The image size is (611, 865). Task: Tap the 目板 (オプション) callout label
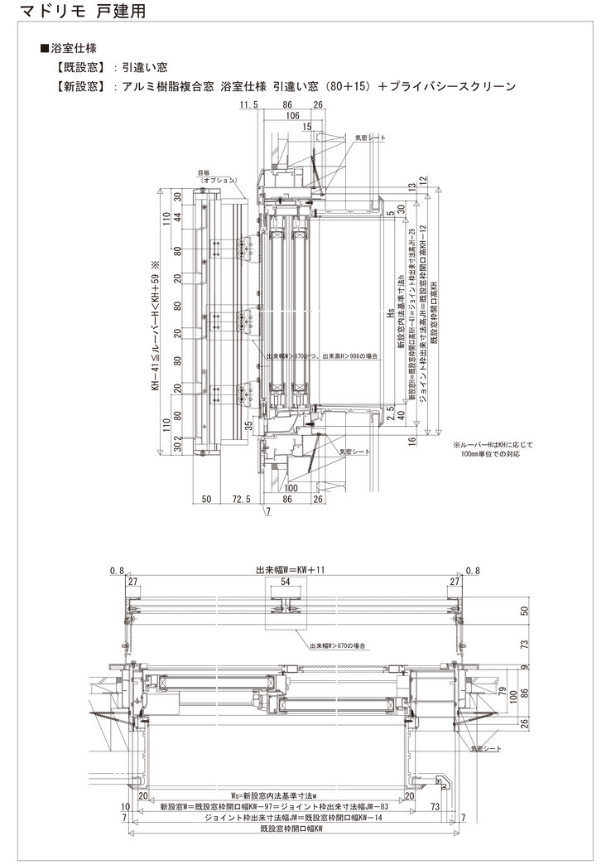coord(217,176)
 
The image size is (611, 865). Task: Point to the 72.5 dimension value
coord(242,500)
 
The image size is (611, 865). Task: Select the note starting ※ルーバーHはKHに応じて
coord(493,449)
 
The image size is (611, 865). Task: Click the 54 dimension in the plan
coord(286,582)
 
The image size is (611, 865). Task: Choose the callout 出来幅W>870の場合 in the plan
coord(338,646)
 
